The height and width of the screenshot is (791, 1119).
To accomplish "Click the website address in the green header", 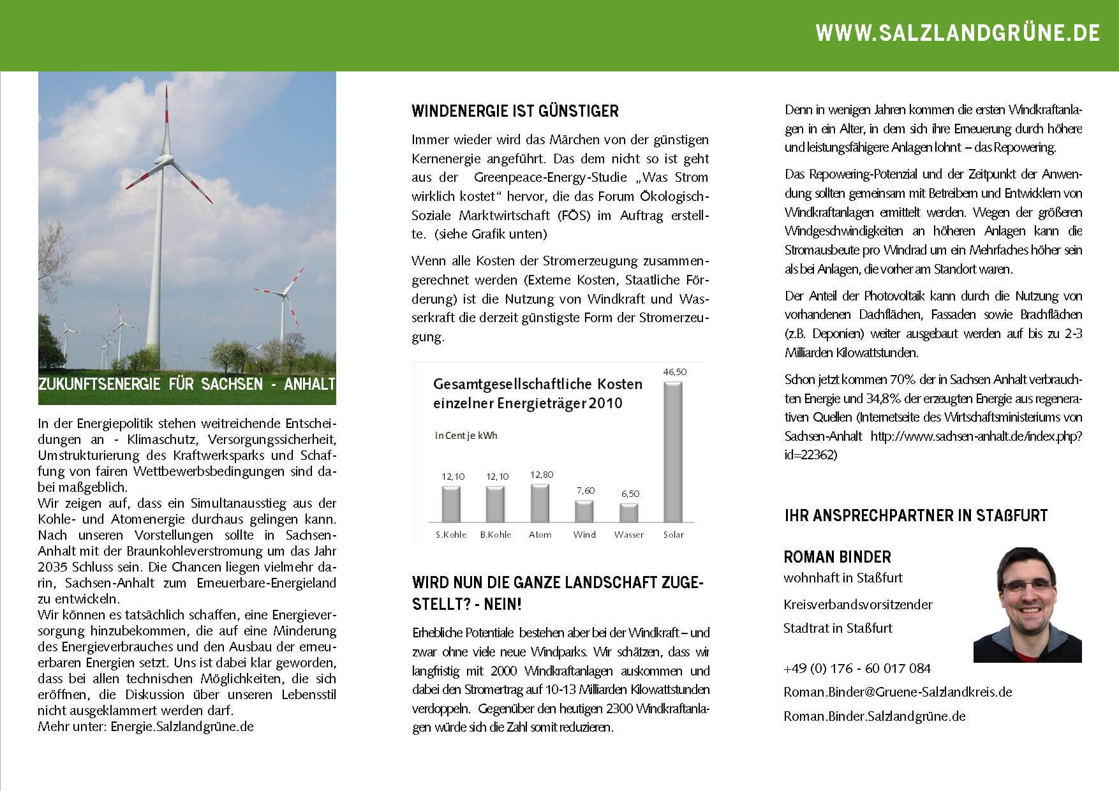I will [x=957, y=33].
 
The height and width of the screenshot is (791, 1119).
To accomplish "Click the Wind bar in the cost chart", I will [x=584, y=511].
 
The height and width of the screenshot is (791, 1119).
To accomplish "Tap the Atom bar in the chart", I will [x=540, y=503].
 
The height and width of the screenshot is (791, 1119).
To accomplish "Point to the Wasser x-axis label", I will [x=628, y=535].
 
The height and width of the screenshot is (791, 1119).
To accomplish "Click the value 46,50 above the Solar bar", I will [x=674, y=372].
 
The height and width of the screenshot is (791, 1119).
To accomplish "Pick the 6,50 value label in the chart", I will [x=630, y=494].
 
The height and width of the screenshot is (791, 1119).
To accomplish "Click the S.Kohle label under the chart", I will [x=451, y=535].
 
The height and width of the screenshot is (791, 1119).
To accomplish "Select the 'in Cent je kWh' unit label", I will [x=466, y=436].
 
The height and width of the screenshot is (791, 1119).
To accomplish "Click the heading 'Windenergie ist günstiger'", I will [x=515, y=112].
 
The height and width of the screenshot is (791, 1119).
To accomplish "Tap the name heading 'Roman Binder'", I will [x=837, y=557].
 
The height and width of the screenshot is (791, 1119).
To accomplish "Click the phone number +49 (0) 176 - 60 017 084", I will [x=857, y=669].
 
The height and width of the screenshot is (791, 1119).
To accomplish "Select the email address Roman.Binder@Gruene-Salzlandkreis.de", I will [x=898, y=692].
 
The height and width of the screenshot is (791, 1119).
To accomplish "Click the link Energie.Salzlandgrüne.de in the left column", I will [x=182, y=727].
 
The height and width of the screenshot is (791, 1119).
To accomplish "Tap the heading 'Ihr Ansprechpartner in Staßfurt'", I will [x=915, y=515].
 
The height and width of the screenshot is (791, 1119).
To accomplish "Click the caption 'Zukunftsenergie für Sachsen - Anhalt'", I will [x=187, y=385].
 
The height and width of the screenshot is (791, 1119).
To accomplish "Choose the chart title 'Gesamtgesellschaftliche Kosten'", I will [x=537, y=385].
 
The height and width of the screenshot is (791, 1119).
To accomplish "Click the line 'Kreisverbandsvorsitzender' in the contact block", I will [x=857, y=605].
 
